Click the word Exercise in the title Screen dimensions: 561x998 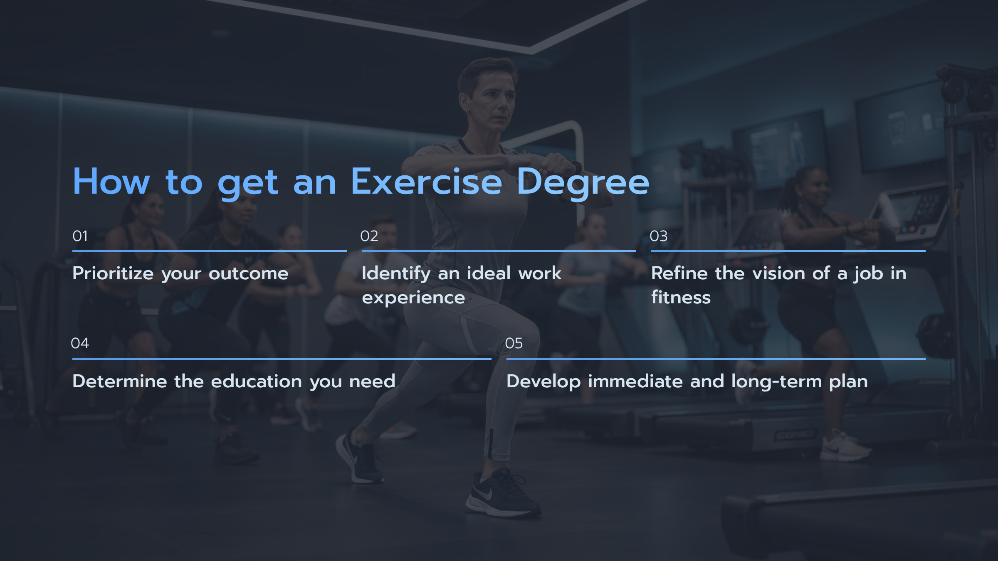pyautogui.click(x=426, y=182)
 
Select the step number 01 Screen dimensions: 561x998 pyautogui.click(x=80, y=236)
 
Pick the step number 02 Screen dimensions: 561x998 pyautogui.click(x=369, y=236)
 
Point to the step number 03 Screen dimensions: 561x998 pyautogui.click(x=658, y=236)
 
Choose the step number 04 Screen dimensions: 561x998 pyautogui.click(x=80, y=343)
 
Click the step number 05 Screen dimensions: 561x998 pyautogui.click(x=514, y=343)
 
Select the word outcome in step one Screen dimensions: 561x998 pyautogui.click(x=248, y=273)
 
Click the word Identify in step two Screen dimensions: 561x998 pyautogui.click(x=396, y=273)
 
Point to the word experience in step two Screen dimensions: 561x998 pyautogui.click(x=413, y=298)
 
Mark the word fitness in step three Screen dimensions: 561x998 pyautogui.click(x=681, y=298)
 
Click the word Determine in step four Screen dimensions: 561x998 pyautogui.click(x=120, y=381)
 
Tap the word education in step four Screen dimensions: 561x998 pyautogui.click(x=257, y=381)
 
